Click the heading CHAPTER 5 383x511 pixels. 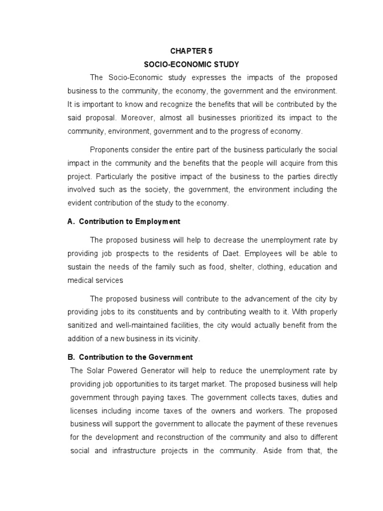point(191,51)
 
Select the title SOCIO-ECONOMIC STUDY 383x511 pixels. point(191,64)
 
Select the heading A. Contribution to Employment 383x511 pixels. point(124,222)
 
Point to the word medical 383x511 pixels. point(80,280)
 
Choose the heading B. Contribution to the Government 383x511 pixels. point(130,357)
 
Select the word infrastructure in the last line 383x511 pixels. point(146,451)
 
